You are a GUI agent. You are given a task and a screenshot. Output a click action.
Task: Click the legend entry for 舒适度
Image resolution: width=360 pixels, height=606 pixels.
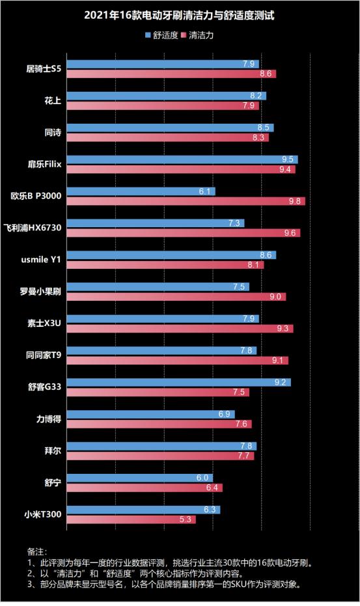pyautogui.click(x=164, y=35)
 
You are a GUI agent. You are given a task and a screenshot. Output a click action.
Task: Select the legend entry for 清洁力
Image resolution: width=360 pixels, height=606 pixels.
pyautogui.click(x=201, y=35)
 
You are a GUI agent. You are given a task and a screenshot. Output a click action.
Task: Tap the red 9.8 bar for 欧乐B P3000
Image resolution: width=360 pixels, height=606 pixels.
pyautogui.click(x=186, y=202)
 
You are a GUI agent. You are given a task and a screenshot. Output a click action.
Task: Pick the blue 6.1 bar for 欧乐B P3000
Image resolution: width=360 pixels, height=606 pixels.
pyautogui.click(x=141, y=191)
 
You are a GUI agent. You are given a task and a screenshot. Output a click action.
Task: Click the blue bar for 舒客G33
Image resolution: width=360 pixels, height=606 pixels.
pyautogui.click(x=179, y=382)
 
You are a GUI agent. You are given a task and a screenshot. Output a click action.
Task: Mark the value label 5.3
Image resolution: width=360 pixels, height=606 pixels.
pyautogui.click(x=186, y=519)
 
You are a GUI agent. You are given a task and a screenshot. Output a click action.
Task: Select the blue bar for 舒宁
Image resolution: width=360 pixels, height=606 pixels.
pyautogui.click(x=140, y=478)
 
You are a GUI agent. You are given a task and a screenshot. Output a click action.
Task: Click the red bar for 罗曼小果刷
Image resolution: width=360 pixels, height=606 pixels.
pyautogui.click(x=176, y=297)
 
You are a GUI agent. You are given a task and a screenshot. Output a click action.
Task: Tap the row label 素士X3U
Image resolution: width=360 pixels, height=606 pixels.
pyautogui.click(x=45, y=324)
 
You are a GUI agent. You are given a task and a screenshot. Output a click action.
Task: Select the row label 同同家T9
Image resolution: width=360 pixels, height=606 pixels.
pyautogui.click(x=44, y=355)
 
